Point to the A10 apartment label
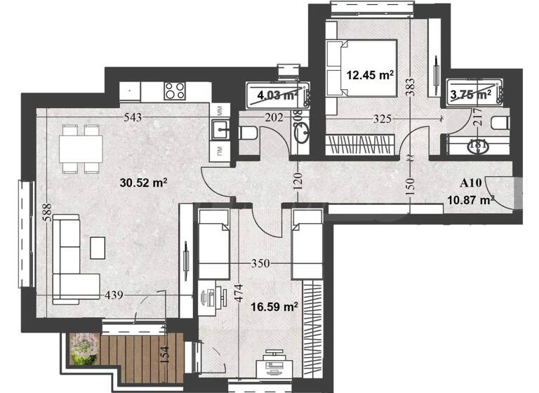point(470,183)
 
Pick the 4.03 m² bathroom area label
point(276,95)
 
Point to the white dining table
point(81,148)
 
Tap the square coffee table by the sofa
point(98,246)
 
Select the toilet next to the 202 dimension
point(248,132)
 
